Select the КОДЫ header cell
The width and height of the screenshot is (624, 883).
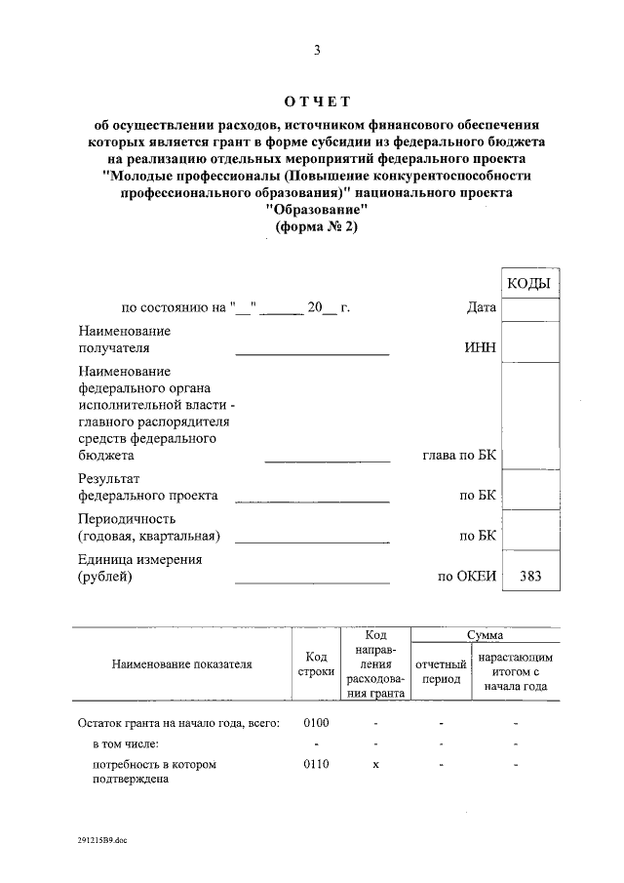click(529, 284)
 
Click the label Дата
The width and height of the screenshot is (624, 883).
click(482, 308)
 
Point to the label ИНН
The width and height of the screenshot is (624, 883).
click(482, 346)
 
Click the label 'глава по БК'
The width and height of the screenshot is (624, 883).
click(458, 455)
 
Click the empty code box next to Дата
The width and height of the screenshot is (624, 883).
click(529, 309)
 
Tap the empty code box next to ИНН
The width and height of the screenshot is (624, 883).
click(529, 341)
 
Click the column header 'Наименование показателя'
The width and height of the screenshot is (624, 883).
click(181, 663)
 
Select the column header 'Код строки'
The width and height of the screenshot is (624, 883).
click(314, 664)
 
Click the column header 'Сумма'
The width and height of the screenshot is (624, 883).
click(485, 635)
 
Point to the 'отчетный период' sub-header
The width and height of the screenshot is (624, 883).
click(442, 671)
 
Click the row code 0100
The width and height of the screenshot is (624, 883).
click(317, 723)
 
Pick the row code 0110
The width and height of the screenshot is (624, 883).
click(317, 764)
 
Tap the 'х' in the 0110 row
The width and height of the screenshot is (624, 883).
click(375, 764)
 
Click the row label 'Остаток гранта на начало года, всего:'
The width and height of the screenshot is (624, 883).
click(178, 723)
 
